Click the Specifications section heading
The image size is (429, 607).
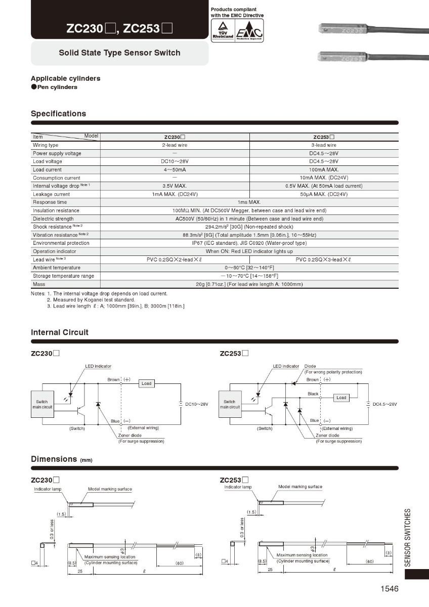click(x=58, y=114)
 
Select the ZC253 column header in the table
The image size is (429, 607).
click(x=324, y=137)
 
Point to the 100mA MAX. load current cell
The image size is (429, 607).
click(x=324, y=170)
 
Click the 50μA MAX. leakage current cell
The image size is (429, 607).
click(x=324, y=194)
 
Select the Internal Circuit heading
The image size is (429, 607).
click(x=60, y=332)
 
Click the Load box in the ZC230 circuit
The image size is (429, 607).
click(x=146, y=383)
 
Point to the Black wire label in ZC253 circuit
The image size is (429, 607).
click(x=313, y=394)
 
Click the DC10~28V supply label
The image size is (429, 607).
click(x=197, y=404)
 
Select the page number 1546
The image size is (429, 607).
click(x=390, y=589)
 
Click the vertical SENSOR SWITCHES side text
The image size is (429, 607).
click(x=409, y=537)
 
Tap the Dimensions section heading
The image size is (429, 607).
click(x=54, y=459)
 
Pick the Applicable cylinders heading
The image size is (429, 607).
click(x=65, y=78)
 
